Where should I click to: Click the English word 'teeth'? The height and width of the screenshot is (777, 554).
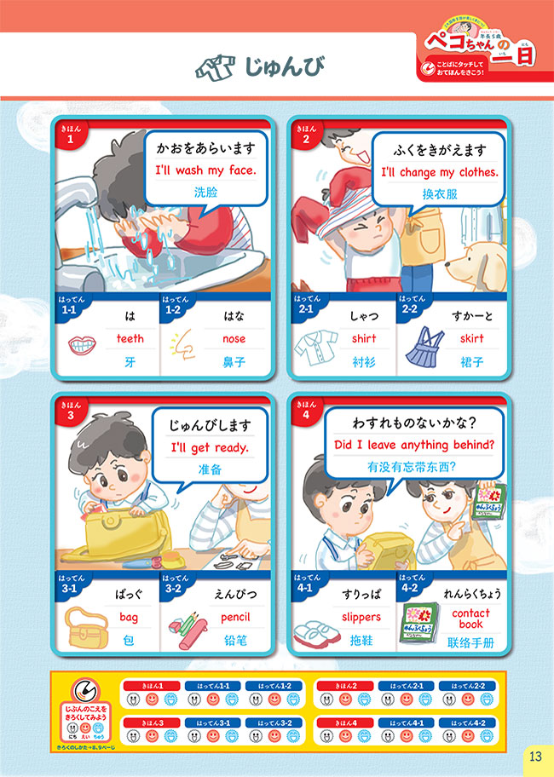pos(130,338)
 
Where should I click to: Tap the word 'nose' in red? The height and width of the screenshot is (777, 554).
pos(234,338)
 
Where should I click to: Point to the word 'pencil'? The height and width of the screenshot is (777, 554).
pos(234,617)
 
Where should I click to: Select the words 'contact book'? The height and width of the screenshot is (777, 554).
pos(470,618)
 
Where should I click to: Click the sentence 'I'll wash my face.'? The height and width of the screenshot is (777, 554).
pos(205,170)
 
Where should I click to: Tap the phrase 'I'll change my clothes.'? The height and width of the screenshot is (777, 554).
pos(439,171)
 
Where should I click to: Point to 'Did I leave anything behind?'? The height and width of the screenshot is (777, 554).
pos(414,444)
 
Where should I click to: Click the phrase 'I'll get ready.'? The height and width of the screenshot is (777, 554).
pos(209,447)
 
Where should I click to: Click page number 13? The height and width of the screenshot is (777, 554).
pos(534,756)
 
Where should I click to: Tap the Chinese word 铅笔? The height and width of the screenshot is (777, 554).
pos(234,640)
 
